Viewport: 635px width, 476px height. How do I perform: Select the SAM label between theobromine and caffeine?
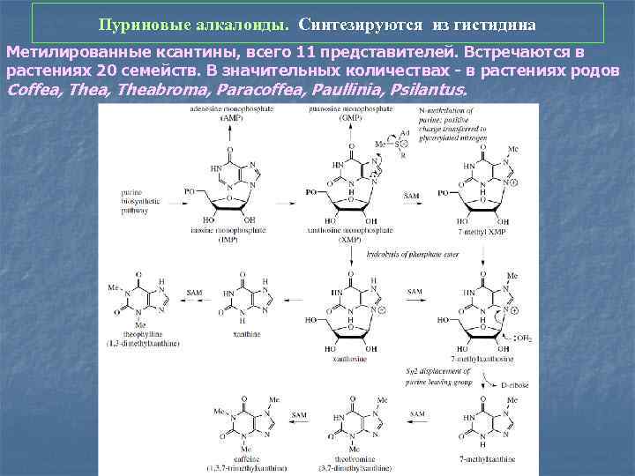300,413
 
